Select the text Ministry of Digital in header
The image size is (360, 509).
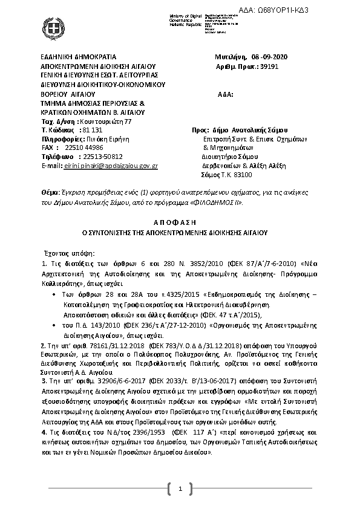pos(162,16)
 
